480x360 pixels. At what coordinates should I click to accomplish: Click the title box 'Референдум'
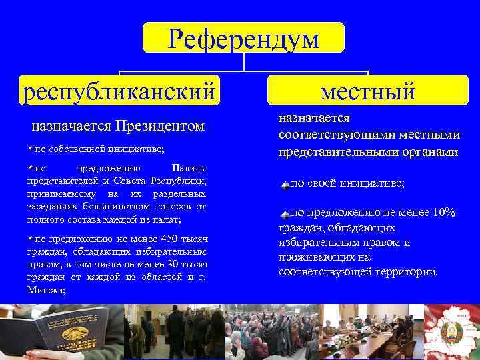click(243, 38)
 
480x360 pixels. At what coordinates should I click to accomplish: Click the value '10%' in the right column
click(443, 213)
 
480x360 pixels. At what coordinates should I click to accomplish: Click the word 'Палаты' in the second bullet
click(189, 167)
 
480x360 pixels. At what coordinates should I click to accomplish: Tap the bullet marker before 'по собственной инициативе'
click(30, 145)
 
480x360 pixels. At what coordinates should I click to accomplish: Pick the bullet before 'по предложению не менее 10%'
click(285, 214)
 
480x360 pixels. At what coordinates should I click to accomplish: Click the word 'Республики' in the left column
click(179, 181)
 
